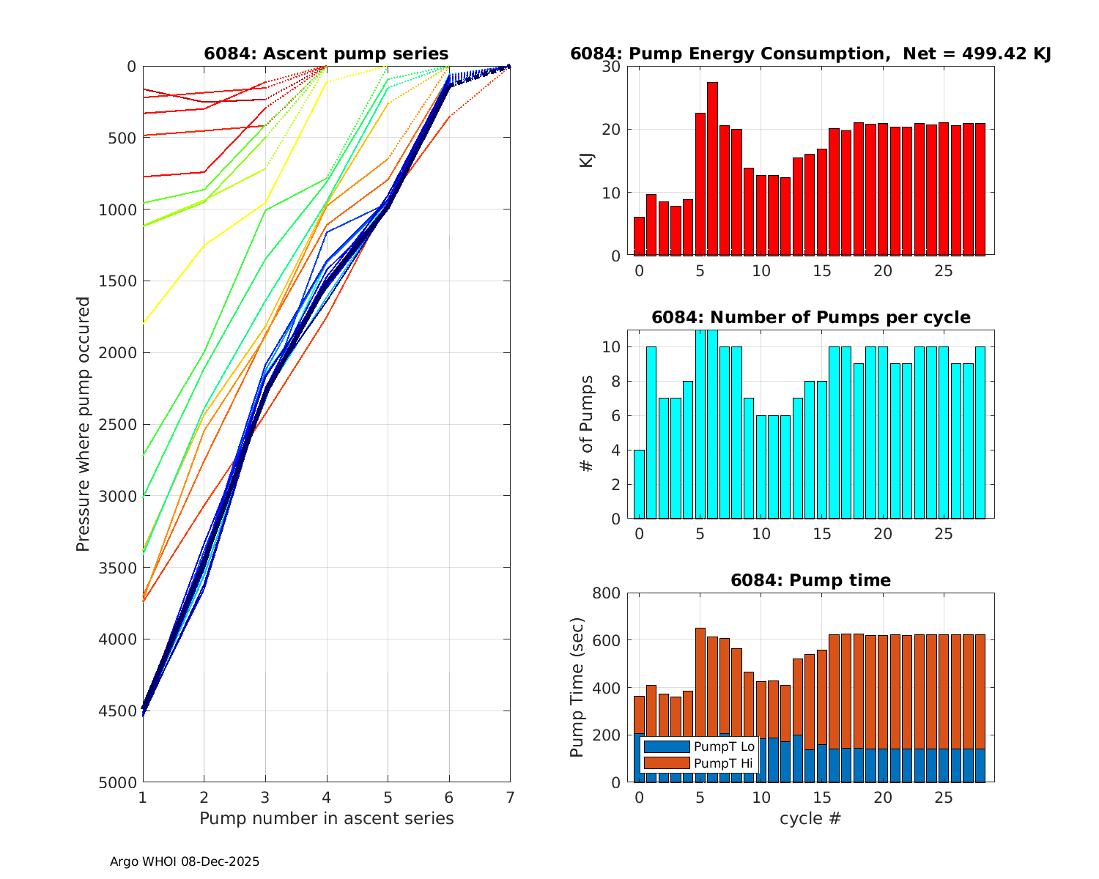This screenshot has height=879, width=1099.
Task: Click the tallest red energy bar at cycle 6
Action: pyautogui.click(x=712, y=168)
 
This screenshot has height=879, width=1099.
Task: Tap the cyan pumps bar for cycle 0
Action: pyautogui.click(x=639, y=484)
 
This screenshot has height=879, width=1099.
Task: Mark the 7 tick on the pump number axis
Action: pyautogui.click(x=510, y=797)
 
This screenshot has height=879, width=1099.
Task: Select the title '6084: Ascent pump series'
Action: pyautogui.click(x=326, y=53)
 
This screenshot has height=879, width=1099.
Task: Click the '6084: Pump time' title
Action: pyautogui.click(x=810, y=580)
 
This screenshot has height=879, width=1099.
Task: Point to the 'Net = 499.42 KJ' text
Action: pyautogui.click(x=977, y=53)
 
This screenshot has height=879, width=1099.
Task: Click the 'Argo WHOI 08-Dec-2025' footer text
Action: pyautogui.click(x=185, y=861)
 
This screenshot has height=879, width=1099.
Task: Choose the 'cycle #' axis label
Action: pyautogui.click(x=810, y=818)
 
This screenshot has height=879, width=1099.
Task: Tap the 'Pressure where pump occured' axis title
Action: pyautogui.click(x=84, y=424)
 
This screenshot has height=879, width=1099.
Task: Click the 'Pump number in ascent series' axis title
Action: pyautogui.click(x=326, y=818)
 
